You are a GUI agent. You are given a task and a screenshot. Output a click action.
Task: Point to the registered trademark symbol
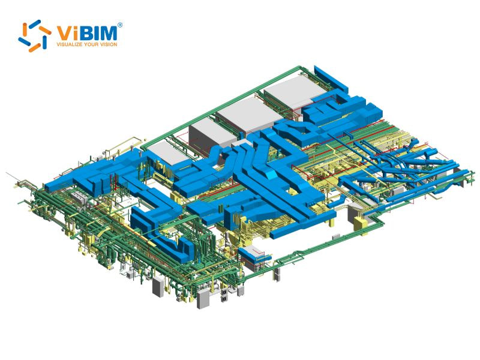point(120,25)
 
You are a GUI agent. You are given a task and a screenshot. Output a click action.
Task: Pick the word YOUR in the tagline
point(97,44)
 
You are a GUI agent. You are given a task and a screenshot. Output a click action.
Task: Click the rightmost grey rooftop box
point(292,94)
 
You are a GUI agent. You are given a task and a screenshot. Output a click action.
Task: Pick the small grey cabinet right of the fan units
point(241,291)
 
